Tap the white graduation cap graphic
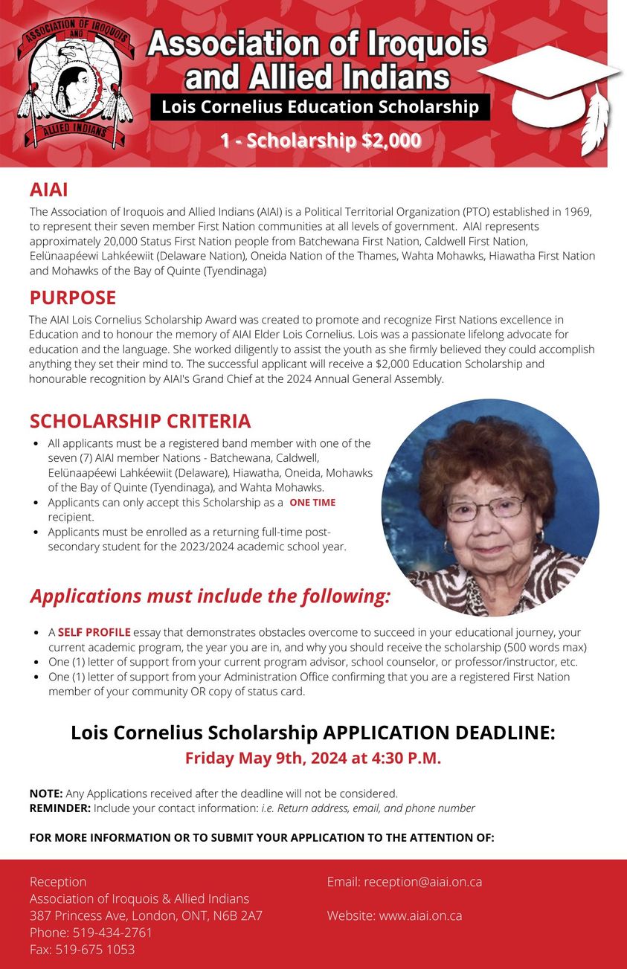550,82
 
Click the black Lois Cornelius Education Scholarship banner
320,107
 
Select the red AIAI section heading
48,190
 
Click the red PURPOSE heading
72,297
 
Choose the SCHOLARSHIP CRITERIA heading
140,421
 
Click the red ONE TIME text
312,503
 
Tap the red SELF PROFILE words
94,632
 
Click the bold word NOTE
45,793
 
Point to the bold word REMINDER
60,808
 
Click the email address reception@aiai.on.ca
422,882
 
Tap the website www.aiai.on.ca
420,915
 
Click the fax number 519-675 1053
94,950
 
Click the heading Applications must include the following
210,596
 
